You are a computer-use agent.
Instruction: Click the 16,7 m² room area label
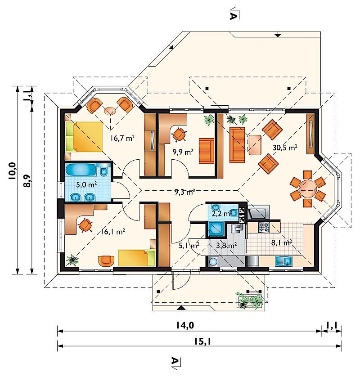point(122,138)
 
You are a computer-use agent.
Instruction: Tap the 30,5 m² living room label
point(285,148)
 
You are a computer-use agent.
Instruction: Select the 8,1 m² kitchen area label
point(282,242)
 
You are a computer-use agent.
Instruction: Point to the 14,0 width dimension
point(184,325)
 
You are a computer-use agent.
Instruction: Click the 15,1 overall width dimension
point(202,341)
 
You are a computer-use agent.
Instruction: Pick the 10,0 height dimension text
point(12,171)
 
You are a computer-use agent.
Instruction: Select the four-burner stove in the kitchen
point(264,228)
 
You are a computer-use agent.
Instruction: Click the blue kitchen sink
point(284,261)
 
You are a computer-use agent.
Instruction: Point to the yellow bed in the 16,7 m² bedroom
point(84,137)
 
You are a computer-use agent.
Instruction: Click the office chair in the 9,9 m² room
point(180,134)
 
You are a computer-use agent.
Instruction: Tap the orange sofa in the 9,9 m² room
point(207,151)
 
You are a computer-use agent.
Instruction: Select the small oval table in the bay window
point(110,111)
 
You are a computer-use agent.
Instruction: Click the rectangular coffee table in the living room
point(255,145)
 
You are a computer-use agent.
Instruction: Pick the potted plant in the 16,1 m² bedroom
point(72,260)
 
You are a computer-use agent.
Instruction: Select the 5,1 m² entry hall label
point(189,246)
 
